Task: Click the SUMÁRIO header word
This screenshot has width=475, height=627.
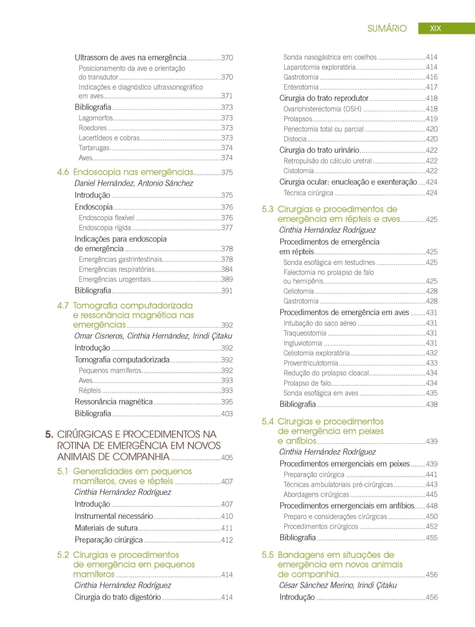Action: [386, 28]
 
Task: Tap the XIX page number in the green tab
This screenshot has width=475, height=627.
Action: [435, 28]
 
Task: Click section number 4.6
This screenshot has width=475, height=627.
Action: [63, 172]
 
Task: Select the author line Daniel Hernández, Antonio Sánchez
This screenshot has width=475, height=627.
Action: [134, 183]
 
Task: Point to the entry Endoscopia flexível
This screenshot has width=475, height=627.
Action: [106, 218]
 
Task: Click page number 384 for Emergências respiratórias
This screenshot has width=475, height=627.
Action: [227, 269]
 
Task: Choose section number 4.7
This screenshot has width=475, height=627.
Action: [63, 306]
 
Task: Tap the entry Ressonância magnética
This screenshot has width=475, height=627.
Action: [113, 402]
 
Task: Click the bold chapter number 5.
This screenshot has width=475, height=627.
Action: [49, 435]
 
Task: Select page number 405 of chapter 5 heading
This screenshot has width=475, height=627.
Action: [227, 457]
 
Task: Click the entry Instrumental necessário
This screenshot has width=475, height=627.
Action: [114, 516]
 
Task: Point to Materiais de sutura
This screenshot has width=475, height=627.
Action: [106, 528]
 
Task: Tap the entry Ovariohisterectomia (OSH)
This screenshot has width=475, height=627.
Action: [322, 109]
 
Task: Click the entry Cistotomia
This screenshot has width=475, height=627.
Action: [298, 171]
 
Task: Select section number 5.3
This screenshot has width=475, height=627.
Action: [267, 209]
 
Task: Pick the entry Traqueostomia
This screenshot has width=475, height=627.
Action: [305, 333]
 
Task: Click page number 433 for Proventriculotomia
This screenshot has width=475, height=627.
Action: [431, 363]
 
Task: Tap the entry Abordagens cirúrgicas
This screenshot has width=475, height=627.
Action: [316, 495]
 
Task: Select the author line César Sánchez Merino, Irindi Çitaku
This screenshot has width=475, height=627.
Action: [338, 585]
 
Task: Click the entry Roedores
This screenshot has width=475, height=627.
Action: [92, 128]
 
